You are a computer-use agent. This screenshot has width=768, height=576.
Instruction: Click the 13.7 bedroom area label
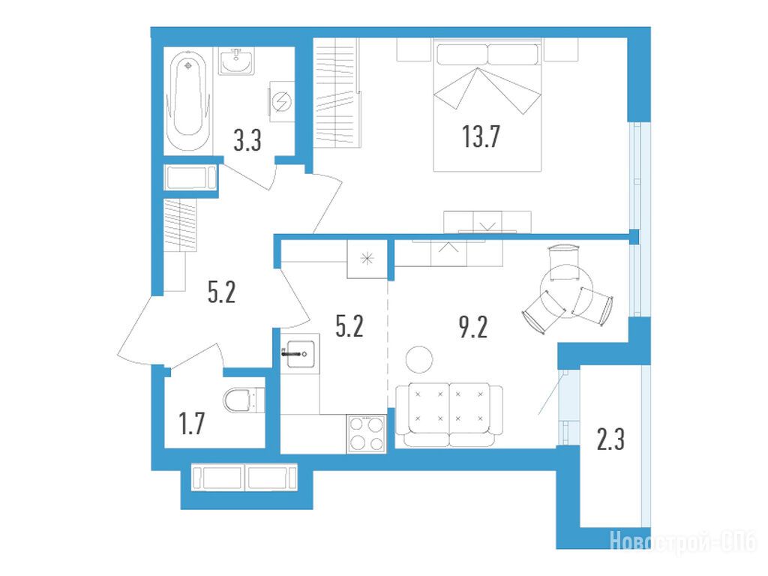point(481,136)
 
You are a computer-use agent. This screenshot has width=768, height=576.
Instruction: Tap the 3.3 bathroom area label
point(247,140)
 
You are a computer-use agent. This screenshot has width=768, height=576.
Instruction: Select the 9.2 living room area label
point(473,327)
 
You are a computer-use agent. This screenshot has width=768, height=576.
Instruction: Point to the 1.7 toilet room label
point(191,424)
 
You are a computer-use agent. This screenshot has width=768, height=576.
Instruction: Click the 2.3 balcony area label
point(610,439)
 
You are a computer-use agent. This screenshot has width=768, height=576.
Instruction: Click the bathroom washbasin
point(236,61)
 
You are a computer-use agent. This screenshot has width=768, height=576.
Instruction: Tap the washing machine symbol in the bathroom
point(282,101)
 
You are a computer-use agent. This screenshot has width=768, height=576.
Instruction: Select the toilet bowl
point(244,400)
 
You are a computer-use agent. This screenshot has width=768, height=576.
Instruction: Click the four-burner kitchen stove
point(367,433)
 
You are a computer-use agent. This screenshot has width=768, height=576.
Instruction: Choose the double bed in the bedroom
point(487,105)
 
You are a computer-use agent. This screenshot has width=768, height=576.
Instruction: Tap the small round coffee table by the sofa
point(419,359)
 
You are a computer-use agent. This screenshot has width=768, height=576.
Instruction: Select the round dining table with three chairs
point(567,292)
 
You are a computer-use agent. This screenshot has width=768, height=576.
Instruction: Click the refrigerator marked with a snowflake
point(367,259)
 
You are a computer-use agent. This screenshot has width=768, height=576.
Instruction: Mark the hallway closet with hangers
point(180,225)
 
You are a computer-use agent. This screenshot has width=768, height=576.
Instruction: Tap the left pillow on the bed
point(462,54)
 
